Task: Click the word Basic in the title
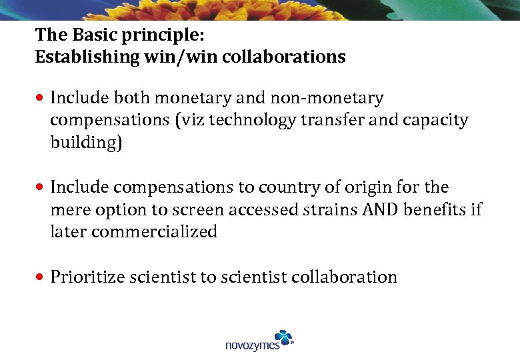pos(87,34)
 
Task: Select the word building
pos(86,143)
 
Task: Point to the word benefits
pos(436,210)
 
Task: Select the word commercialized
pos(154,232)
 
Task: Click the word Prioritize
pos(91,277)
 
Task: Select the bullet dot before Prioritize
pos(41,277)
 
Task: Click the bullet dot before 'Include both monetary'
pos(41,99)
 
